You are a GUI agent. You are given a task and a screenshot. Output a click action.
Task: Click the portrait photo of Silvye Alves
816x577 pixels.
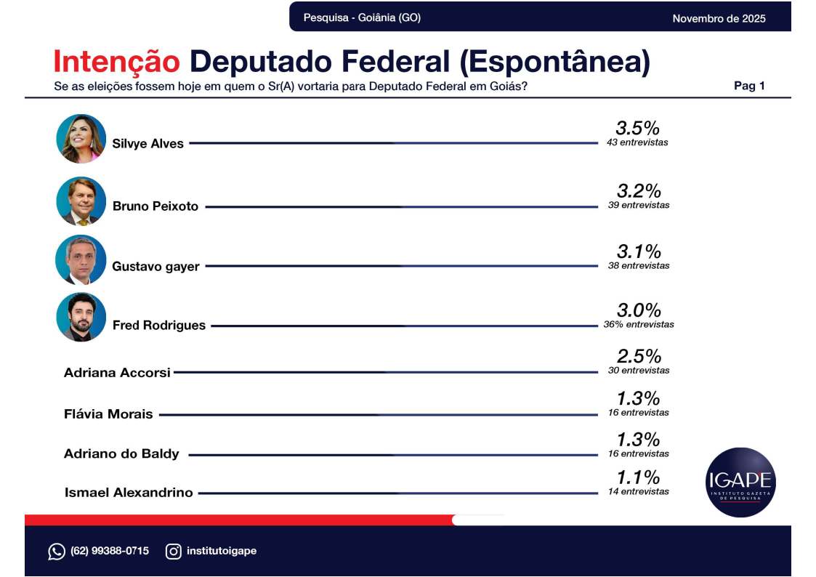[81, 139]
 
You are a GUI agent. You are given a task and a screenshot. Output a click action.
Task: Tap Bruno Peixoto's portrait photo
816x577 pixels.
[81, 201]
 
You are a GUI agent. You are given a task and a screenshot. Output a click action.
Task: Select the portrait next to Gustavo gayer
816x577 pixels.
[81, 260]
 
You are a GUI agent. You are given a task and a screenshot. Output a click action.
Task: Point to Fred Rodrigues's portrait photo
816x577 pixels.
[81, 317]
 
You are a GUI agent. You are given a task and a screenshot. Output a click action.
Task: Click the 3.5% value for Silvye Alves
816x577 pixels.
[637, 129]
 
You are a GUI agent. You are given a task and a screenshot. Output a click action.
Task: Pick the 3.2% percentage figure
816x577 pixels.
[639, 191]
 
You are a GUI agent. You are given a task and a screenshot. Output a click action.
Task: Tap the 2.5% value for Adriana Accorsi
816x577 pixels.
[639, 357]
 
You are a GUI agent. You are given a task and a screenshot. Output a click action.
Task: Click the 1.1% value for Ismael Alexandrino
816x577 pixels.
[639, 477]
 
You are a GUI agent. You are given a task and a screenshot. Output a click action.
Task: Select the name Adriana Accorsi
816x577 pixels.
[117, 373]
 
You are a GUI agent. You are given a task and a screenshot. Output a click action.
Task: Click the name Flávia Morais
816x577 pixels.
[108, 414]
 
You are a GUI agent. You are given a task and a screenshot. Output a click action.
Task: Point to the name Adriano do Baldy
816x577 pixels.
[121, 454]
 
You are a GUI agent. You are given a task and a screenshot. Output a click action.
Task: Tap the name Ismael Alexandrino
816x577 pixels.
[129, 493]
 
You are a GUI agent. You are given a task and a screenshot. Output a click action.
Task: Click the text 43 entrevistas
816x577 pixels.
[637, 142]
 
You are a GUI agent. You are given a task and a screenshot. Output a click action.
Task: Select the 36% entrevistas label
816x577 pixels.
[639, 324]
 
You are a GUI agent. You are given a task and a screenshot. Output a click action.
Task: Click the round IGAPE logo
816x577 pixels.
[740, 482]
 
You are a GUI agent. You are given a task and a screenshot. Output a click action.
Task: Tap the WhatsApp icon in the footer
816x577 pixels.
[57, 552]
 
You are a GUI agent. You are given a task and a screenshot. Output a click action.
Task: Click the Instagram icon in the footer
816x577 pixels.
[174, 552]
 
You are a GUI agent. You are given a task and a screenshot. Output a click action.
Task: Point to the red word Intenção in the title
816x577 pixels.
[116, 62]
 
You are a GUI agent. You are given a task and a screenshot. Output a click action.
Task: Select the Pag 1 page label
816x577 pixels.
[749, 86]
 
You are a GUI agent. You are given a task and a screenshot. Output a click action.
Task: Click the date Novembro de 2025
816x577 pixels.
[719, 18]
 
